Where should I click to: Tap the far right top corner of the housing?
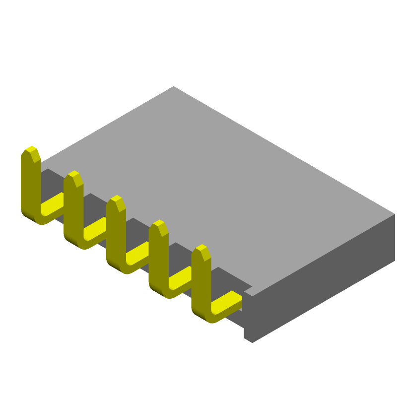point(394,214)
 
